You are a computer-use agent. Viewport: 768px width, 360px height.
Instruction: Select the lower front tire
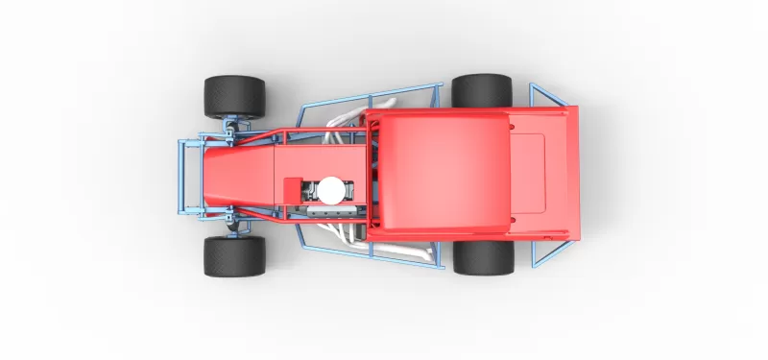tap(233, 256)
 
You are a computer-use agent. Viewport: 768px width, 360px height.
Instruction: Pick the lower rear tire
tap(483, 257)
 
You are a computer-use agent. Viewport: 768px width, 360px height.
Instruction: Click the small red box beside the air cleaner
tap(290, 188)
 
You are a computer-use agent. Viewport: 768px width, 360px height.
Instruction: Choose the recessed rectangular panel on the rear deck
tap(528, 173)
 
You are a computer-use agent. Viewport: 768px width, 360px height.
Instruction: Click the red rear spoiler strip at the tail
tap(572, 173)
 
